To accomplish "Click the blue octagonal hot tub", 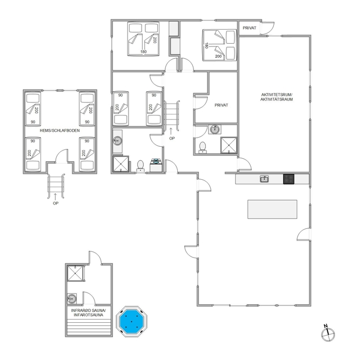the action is tap(131, 321).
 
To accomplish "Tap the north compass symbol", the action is tap(328, 334).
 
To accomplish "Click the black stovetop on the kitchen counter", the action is tap(289, 179).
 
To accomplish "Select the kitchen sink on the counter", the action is tap(264, 179).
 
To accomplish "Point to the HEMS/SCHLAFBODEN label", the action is tap(59, 131).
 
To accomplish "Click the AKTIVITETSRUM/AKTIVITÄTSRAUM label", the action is tap(277, 97).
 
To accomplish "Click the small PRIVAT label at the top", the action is tap(249, 28).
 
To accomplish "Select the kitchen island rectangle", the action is tap(272, 209).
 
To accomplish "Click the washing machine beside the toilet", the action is tap(156, 165).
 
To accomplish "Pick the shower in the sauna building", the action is tap(75, 273).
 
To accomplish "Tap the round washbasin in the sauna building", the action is tap(71, 299).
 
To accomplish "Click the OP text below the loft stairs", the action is tap(56, 203).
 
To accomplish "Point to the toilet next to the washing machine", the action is tap(140, 166).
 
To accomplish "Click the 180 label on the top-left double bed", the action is tap(143, 52).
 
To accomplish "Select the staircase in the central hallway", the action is tap(172, 116).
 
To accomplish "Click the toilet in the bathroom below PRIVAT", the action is tap(203, 147).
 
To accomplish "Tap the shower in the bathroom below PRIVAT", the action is tap(229, 145).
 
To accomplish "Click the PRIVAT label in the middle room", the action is tap(222, 105).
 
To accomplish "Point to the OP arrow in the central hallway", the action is tap(171, 131).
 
